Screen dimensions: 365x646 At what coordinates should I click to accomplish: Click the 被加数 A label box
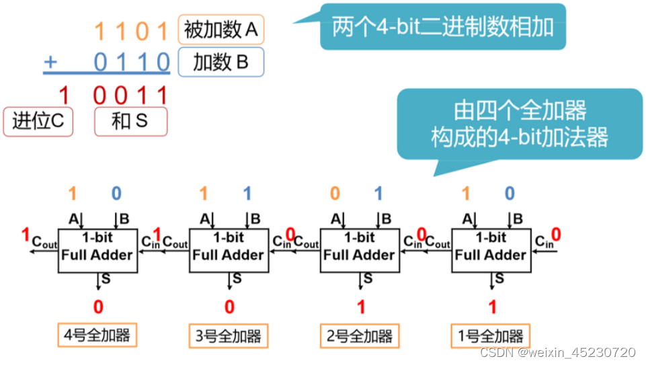(221, 30)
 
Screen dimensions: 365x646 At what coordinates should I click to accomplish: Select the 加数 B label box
(221, 63)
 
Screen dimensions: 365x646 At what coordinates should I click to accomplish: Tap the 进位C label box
(38, 122)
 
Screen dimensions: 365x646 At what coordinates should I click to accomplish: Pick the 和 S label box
(130, 122)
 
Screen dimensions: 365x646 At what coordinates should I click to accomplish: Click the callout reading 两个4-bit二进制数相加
(442, 26)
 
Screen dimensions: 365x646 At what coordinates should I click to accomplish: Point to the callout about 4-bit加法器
(519, 124)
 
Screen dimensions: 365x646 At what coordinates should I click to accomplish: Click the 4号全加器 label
(98, 334)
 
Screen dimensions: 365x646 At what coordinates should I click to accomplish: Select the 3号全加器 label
(229, 334)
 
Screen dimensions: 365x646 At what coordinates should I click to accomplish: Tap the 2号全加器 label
(360, 334)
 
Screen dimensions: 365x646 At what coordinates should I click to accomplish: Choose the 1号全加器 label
(491, 334)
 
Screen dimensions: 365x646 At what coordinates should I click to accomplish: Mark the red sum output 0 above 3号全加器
(229, 307)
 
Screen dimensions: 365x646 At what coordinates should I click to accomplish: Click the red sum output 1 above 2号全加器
(361, 307)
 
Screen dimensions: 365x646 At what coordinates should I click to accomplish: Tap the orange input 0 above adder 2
(335, 194)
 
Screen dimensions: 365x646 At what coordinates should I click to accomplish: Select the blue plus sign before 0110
(50, 63)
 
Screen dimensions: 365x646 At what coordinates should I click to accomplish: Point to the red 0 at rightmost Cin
(556, 234)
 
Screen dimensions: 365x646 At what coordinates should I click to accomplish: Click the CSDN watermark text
(558, 352)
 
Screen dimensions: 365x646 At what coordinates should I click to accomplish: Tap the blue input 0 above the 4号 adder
(116, 194)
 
